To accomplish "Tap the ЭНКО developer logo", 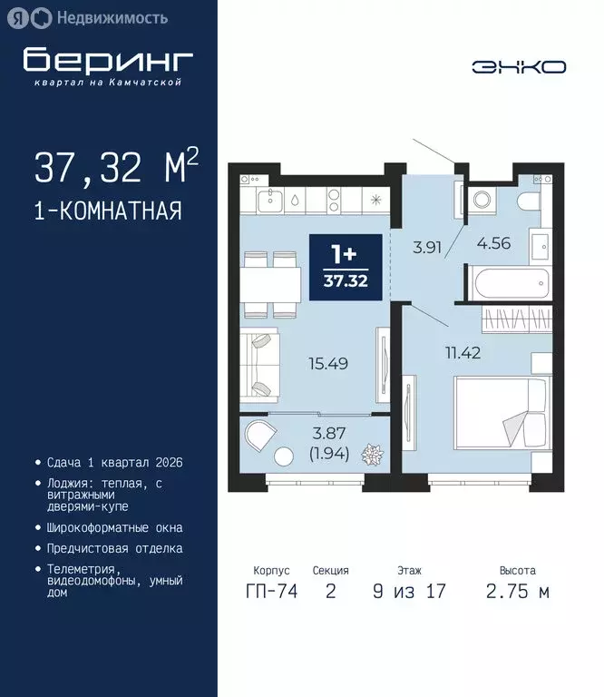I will click(519, 66).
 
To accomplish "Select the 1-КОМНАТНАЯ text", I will click(108, 211).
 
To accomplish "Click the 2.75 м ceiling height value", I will click(517, 593).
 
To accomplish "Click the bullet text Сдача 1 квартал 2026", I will click(114, 462).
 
